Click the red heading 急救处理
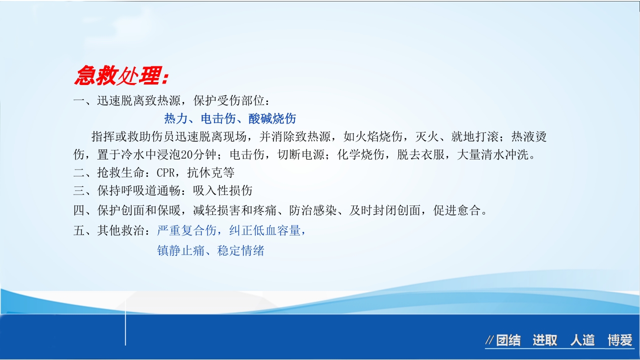[x=121, y=76]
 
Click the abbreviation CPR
[x=165, y=173]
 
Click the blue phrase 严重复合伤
[x=186, y=230]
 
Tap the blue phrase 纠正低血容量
[x=264, y=230]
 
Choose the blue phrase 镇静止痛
[x=180, y=250]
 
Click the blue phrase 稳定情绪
[x=240, y=250]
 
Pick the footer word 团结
[x=508, y=341]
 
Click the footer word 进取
[x=544, y=341]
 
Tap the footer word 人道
[x=582, y=341]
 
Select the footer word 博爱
[x=620, y=341]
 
